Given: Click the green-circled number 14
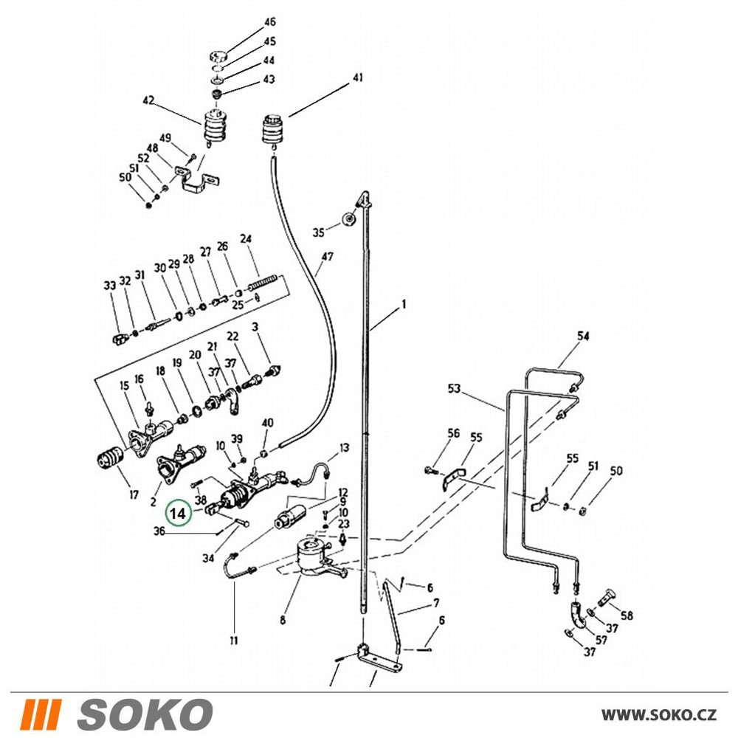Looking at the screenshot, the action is pyautogui.click(x=179, y=513).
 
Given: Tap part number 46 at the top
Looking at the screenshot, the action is pyautogui.click(x=269, y=22).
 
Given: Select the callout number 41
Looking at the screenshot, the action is pyautogui.click(x=358, y=77).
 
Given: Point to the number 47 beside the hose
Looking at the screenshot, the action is pyautogui.click(x=328, y=257).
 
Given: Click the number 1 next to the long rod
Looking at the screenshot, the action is pyautogui.click(x=404, y=305).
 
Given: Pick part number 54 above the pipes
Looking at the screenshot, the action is pyautogui.click(x=583, y=336).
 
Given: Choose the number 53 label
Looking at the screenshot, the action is pyautogui.click(x=454, y=389).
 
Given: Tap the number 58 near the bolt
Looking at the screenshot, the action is pyautogui.click(x=627, y=615).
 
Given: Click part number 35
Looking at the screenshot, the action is pyautogui.click(x=319, y=232).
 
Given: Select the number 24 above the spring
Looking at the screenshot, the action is pyautogui.click(x=246, y=238).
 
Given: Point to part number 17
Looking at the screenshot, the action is pyautogui.click(x=134, y=494).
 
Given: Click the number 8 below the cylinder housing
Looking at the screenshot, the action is pyautogui.click(x=283, y=620).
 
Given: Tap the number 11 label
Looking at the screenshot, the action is pyautogui.click(x=234, y=641).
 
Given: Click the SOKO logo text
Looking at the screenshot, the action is pyautogui.click(x=145, y=714).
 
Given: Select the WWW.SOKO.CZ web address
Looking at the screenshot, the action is pyautogui.click(x=659, y=715).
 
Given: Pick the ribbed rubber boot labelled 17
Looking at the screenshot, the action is pyautogui.click(x=110, y=457).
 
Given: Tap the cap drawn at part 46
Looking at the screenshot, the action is pyautogui.click(x=218, y=57).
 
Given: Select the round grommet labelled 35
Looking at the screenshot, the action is pyautogui.click(x=349, y=220).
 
